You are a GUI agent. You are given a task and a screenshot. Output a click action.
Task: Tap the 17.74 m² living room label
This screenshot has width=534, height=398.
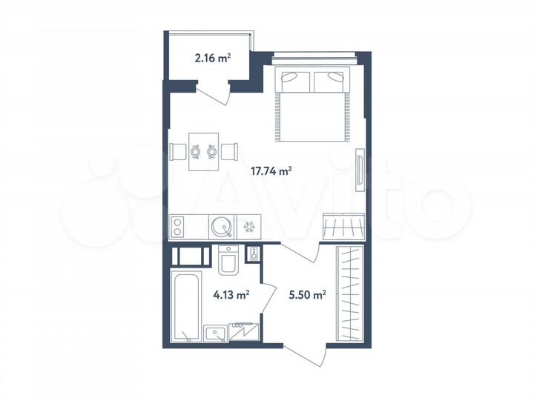(272, 170)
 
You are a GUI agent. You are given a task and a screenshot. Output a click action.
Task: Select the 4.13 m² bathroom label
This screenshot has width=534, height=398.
(231, 294)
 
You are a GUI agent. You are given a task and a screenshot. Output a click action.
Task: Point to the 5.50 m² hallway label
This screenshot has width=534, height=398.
(307, 294)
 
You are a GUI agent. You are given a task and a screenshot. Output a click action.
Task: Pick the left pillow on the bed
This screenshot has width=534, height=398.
(294, 79)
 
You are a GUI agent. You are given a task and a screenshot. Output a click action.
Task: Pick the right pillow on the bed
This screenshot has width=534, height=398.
(330, 79)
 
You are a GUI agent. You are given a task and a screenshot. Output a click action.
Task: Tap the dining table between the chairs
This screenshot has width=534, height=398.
(203, 151)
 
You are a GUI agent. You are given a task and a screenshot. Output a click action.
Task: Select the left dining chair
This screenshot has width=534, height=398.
(179, 151)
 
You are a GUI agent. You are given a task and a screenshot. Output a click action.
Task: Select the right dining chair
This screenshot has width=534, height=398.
(229, 151)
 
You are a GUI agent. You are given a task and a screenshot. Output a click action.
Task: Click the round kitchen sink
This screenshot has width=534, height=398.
(221, 227)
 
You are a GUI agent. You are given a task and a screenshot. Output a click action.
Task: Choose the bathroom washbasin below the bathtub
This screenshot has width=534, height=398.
(216, 334)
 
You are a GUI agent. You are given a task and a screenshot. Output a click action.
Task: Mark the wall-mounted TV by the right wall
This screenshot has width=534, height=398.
(360, 170)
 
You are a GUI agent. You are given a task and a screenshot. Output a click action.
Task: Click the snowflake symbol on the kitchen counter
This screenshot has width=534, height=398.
(249, 227)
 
